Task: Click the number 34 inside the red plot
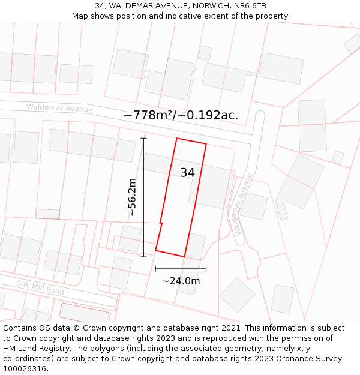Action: point(187,173)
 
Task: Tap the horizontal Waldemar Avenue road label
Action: point(59,109)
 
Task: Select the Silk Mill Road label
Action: point(40,287)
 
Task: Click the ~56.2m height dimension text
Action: point(132,197)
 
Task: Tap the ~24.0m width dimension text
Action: point(181,281)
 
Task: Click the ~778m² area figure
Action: point(147,115)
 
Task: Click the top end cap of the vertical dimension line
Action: point(143,139)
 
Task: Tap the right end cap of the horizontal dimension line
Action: point(206,269)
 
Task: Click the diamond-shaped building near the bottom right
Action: point(238,295)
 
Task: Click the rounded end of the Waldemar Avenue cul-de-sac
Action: point(260,115)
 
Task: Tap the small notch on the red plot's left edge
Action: point(161,224)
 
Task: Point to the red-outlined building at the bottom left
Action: point(84,313)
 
